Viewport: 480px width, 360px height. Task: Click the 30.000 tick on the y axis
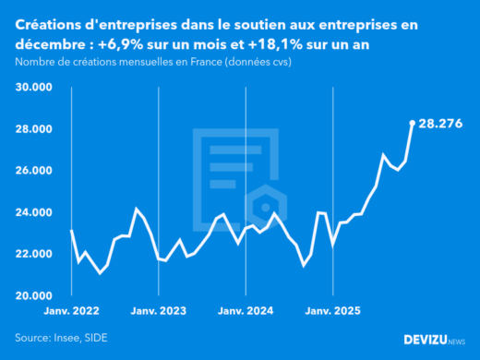point(33,88)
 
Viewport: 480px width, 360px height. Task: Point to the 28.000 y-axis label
point(33,129)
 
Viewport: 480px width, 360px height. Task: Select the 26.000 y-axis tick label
point(33,171)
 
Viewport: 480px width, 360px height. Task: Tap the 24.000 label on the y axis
point(33,212)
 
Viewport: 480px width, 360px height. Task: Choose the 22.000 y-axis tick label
point(33,254)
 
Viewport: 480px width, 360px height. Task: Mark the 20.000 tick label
point(33,295)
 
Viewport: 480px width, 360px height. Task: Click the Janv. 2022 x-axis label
point(71,311)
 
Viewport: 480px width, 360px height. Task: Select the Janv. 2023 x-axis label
point(159,311)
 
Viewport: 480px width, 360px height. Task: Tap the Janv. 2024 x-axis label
point(246,311)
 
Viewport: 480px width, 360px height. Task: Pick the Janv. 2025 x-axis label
point(333,311)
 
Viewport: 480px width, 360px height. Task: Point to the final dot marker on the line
point(413,122)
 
